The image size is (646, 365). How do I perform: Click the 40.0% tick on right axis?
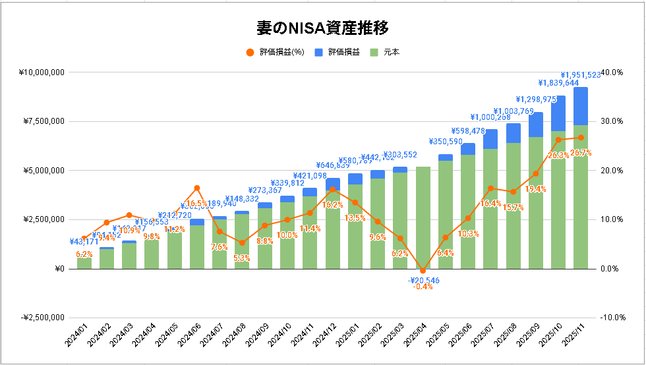[612, 72]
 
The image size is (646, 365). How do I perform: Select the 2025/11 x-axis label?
[573, 340]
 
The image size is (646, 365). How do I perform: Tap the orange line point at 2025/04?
[423, 271]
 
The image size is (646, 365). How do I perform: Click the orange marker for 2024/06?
[196, 188]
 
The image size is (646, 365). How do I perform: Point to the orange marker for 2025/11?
[580, 138]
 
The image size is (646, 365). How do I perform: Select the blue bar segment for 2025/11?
[580, 106]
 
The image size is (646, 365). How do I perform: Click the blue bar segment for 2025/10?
[558, 113]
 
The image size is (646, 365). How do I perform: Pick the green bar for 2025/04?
[423, 217]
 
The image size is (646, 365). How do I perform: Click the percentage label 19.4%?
[535, 188]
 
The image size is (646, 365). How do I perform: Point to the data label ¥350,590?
[446, 141]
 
